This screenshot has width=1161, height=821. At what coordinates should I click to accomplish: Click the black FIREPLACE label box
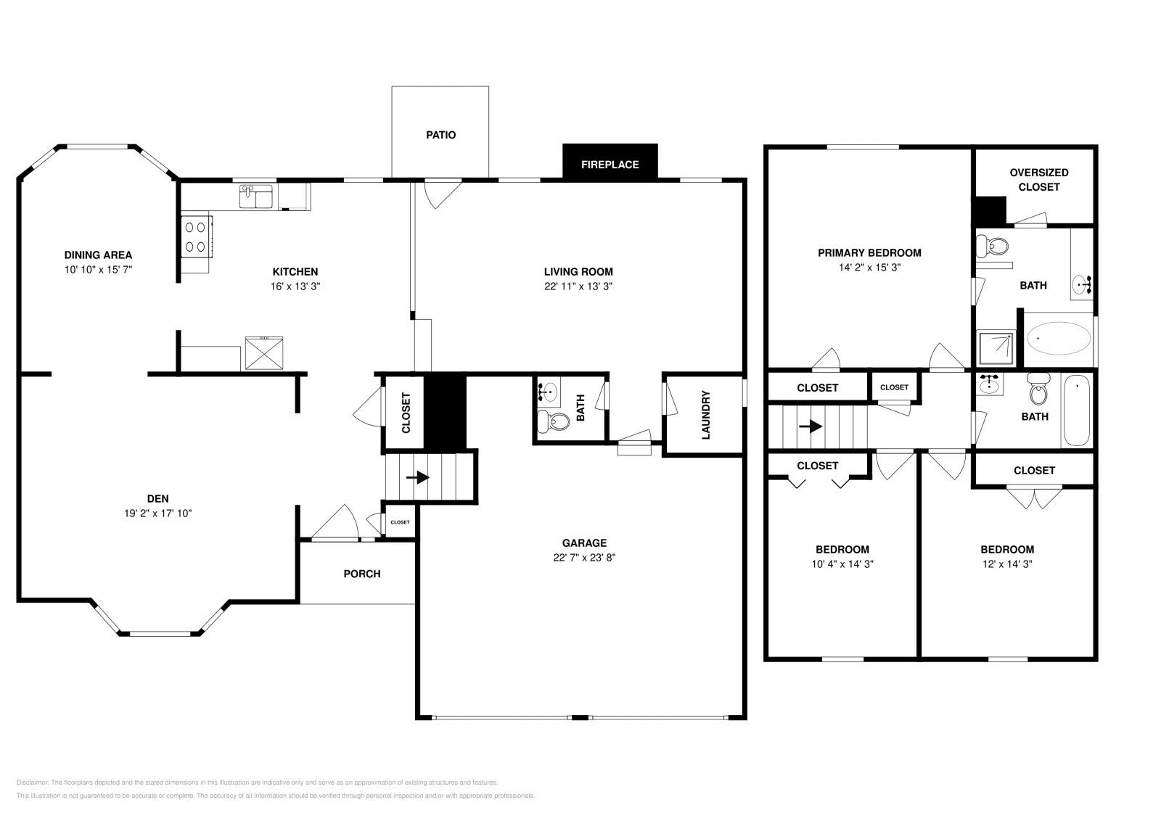tap(610, 164)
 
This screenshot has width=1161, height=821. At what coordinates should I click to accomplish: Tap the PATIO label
tap(440, 135)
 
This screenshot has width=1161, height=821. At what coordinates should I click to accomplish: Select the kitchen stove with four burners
tap(195, 236)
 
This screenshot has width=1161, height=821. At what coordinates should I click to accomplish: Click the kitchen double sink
tap(255, 197)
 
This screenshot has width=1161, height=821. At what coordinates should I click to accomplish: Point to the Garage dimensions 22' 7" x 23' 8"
tap(584, 558)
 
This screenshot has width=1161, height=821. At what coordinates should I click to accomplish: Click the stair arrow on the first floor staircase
tap(419, 478)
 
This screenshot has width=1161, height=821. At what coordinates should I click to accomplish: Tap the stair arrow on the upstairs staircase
tap(811, 426)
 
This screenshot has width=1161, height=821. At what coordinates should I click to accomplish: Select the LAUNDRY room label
tap(705, 416)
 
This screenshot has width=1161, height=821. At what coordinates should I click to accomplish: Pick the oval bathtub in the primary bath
tap(1058, 338)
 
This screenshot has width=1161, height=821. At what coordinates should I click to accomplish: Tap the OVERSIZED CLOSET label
tap(1038, 180)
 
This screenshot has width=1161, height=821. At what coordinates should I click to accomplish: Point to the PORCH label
tap(361, 574)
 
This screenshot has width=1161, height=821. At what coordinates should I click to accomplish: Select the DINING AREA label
tap(98, 255)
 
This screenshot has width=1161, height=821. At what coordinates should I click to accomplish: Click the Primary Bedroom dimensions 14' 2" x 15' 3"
tap(869, 268)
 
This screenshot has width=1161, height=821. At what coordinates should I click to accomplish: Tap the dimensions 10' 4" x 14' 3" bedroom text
tap(842, 564)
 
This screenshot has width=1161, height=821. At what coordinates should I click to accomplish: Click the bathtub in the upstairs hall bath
tap(1076, 410)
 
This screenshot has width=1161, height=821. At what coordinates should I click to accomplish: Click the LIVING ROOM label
tap(578, 272)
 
